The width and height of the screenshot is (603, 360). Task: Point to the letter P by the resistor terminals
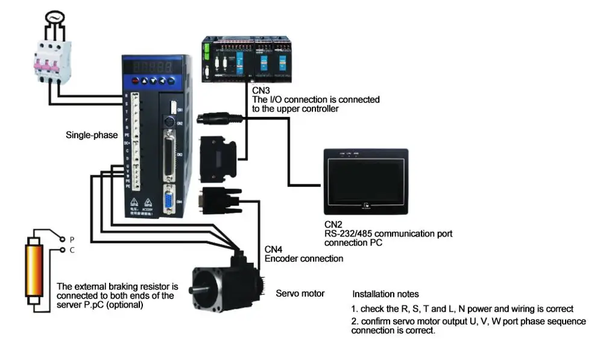point(72,239)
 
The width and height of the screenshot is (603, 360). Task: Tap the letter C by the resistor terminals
point(72,249)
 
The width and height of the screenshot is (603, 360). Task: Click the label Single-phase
point(92,135)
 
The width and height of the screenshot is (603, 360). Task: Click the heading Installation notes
point(385,294)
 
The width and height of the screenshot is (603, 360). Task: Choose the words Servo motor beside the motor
point(300,294)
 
